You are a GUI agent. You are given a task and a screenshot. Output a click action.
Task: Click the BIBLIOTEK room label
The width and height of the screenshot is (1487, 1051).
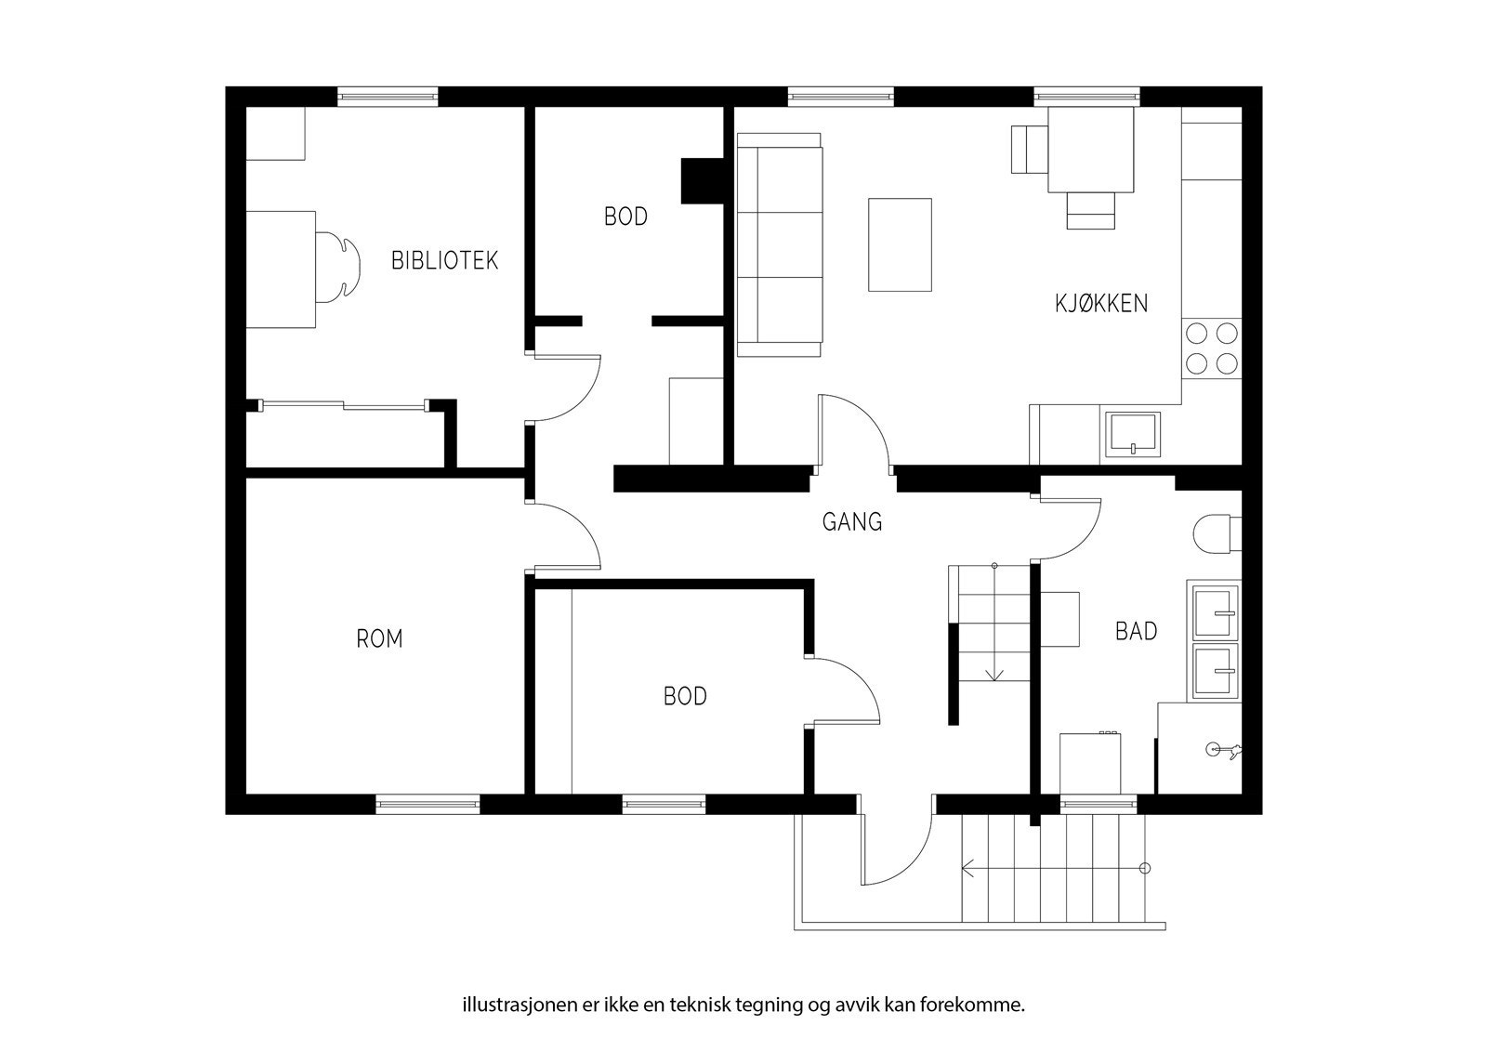[444, 260]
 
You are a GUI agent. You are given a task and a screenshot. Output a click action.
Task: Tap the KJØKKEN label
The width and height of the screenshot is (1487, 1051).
[1101, 303]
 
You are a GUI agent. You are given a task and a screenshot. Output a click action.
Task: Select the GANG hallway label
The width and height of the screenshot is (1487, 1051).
[852, 522]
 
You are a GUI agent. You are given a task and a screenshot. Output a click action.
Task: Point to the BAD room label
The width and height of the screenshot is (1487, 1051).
[1136, 631]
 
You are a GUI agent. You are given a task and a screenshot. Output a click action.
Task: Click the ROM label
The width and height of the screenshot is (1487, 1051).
[380, 638]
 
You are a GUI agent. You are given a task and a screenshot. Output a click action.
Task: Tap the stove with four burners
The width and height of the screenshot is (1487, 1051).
[1212, 348]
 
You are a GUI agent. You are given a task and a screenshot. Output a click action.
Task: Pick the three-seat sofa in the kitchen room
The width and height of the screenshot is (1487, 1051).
[780, 245]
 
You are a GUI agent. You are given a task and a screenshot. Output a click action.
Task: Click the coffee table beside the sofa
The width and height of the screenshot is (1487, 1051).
[900, 244]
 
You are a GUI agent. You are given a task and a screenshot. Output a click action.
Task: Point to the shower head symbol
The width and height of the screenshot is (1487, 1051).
[1221, 750]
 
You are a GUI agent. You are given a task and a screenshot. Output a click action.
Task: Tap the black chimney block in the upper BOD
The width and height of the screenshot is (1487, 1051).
[703, 180]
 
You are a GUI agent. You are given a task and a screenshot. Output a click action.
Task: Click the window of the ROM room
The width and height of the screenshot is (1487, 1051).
[428, 804]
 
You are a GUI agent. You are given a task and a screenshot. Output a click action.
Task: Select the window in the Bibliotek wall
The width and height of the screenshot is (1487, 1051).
[388, 97]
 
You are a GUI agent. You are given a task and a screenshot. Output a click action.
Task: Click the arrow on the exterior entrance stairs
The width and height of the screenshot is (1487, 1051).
[1055, 868]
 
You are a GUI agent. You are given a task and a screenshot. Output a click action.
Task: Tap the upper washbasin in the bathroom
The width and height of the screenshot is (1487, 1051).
[1216, 611]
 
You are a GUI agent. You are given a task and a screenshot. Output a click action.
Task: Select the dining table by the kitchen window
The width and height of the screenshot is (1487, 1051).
[1091, 150]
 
